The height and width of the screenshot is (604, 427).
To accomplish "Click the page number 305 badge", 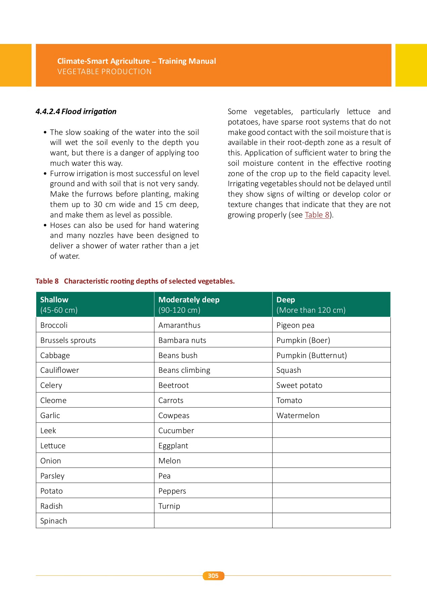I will point(213,576).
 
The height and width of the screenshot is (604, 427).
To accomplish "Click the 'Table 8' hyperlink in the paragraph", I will point(317,215).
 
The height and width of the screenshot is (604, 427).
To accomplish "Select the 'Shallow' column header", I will point(54,300).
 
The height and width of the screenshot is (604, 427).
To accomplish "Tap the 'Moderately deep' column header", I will point(189,300).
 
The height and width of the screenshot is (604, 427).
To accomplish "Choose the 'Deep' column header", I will point(286,300).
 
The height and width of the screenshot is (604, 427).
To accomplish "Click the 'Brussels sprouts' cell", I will point(68,340).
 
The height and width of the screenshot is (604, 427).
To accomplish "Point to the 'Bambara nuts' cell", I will point(182,340).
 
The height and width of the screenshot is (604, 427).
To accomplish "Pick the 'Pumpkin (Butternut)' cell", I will point(312,355).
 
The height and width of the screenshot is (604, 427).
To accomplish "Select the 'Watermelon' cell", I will point(298,415).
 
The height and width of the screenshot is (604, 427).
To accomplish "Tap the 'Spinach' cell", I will point(54,521).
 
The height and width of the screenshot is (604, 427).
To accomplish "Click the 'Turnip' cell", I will point(169,506).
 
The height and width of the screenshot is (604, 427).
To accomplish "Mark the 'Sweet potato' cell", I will point(299,385).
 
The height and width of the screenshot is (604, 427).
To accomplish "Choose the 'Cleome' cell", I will point(53,400).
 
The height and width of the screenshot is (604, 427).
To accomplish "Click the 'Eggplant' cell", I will point(173,446).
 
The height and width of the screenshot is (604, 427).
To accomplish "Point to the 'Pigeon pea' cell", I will point(295,325).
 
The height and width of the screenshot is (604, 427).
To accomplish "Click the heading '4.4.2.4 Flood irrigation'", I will point(76,111).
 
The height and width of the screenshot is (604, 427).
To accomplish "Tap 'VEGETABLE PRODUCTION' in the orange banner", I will point(104,71).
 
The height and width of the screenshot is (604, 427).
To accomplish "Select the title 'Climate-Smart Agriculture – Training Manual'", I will point(137,61).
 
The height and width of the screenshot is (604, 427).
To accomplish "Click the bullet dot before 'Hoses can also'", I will point(45,225).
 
